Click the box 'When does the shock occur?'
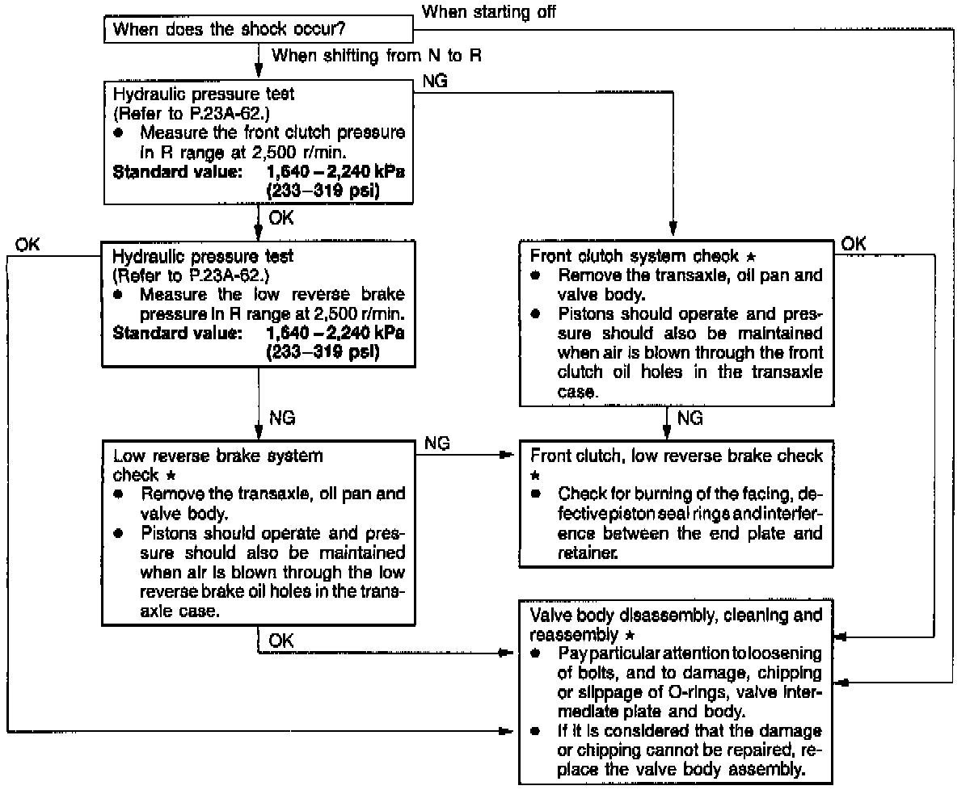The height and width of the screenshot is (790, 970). [259, 31]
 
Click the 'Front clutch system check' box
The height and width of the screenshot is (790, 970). [677, 321]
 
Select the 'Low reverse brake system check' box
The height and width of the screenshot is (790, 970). [259, 532]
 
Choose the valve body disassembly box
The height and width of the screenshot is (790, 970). [677, 691]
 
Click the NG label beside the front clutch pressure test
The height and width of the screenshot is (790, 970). [436, 81]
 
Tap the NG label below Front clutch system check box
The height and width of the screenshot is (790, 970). [690, 418]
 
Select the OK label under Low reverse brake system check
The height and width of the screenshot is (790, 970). [281, 640]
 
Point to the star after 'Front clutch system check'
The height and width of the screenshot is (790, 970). [751, 256]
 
